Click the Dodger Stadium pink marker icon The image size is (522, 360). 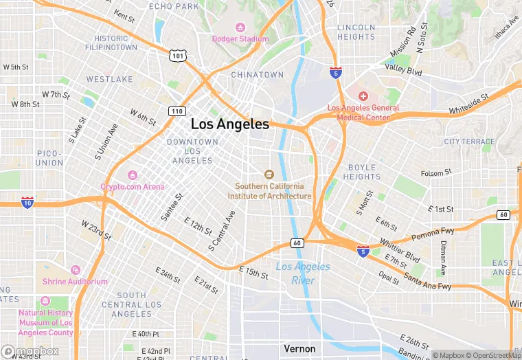[x=240, y=27]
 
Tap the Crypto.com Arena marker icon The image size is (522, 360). [x=132, y=175]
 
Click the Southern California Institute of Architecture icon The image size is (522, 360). [x=269, y=174]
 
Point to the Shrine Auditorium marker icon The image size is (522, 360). [x=75, y=270]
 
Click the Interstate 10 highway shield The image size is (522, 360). [x=27, y=203]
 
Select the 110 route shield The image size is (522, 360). [x=177, y=111]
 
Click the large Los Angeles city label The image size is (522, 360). [x=229, y=124]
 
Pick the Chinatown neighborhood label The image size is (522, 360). [x=257, y=74]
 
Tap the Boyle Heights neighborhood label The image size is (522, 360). [x=362, y=172]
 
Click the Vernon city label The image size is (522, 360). [x=299, y=348]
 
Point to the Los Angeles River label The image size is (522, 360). [x=303, y=273]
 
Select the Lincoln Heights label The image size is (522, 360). [x=356, y=32]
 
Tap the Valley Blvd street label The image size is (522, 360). [x=403, y=69]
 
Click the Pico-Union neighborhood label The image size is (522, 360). [x=49, y=158]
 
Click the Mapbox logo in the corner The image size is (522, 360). [x=30, y=352]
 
